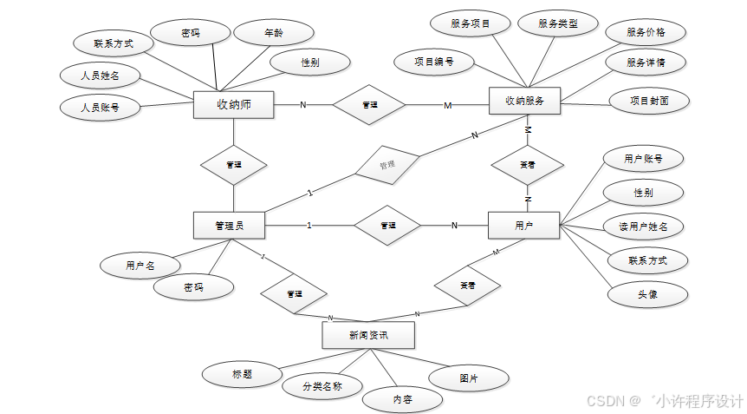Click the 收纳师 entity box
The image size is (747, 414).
[233, 105]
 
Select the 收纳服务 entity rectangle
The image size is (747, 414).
[525, 101]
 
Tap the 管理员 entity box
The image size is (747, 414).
[229, 226]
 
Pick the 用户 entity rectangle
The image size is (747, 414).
[524, 226]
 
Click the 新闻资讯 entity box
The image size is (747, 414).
[368, 335]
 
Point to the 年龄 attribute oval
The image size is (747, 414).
[273, 35]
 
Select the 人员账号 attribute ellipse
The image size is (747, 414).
[100, 108]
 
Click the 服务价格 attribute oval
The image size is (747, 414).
[646, 32]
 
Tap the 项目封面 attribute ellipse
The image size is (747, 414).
[649, 101]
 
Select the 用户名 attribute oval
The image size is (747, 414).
[140, 265]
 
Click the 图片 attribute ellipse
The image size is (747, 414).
[469, 378]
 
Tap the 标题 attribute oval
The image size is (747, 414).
[242, 374]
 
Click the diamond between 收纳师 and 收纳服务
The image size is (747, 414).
[369, 105]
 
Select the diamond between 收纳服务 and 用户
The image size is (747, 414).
[527, 164]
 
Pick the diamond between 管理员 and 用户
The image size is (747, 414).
[388, 226]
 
